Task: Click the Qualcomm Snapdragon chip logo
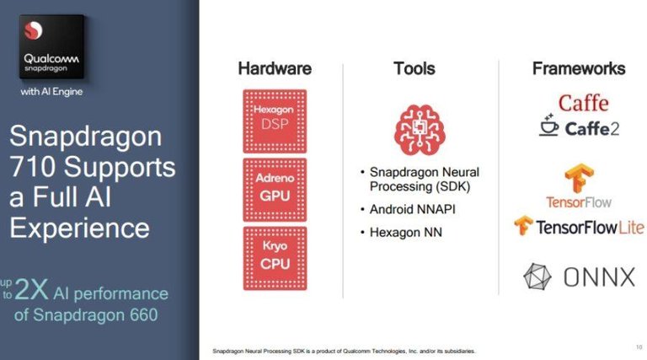click(51, 47)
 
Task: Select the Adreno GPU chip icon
click(275, 186)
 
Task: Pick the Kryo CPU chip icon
click(275, 255)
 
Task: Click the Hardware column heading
click(275, 68)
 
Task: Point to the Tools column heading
click(414, 68)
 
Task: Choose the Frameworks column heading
click(579, 68)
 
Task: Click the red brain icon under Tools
click(419, 126)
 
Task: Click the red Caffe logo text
click(583, 103)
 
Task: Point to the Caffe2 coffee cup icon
click(552, 127)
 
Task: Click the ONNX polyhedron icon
click(537, 277)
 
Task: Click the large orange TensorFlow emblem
click(579, 179)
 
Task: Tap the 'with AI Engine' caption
click(51, 91)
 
